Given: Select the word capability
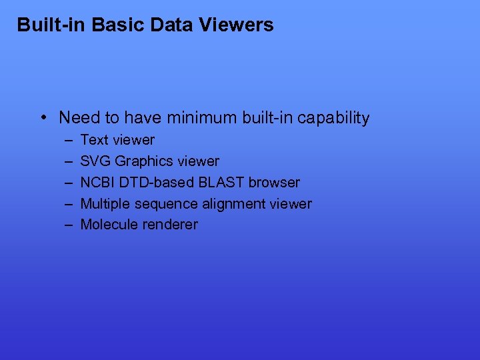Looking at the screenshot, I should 333,119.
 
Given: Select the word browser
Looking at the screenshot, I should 274,182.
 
